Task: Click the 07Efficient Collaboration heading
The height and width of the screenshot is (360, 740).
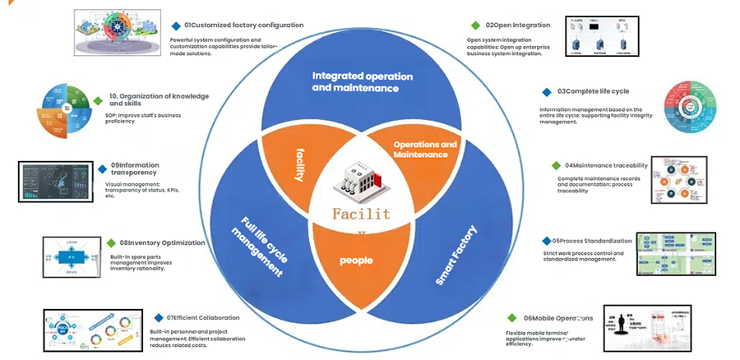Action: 203,317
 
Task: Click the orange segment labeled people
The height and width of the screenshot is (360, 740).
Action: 357,261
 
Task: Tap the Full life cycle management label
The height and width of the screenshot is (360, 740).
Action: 261,247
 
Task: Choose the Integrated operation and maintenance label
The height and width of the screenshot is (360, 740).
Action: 355,81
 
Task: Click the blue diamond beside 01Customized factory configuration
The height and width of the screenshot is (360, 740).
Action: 177,25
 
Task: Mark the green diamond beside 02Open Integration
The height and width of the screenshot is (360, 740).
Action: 475,25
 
